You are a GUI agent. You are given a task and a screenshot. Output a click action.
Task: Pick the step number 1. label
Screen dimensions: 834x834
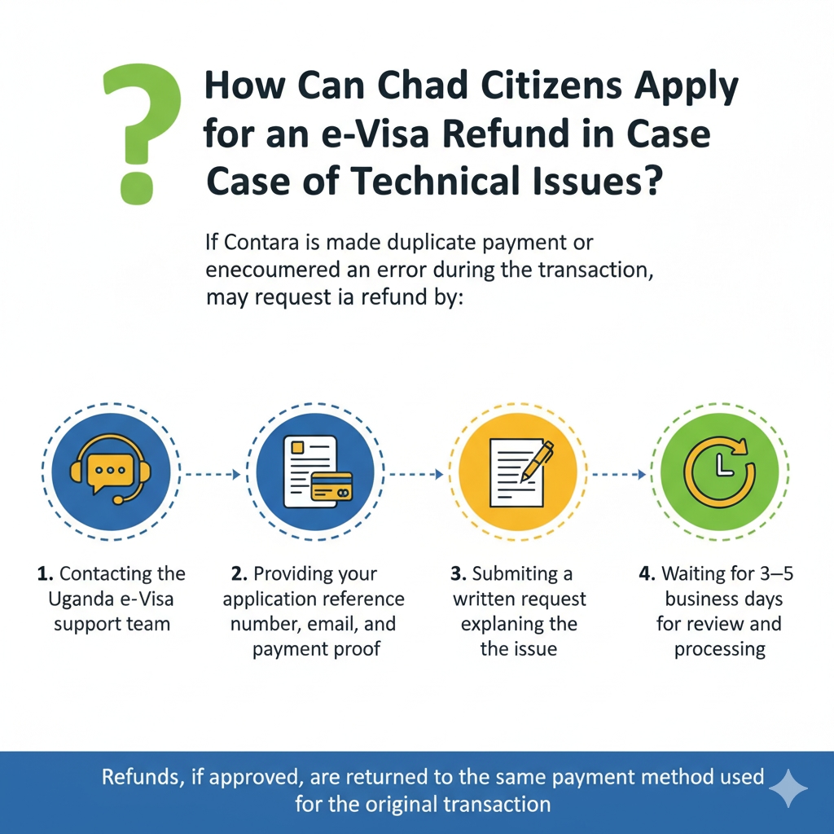46,574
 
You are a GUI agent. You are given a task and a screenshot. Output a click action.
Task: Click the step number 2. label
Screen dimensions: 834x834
239,574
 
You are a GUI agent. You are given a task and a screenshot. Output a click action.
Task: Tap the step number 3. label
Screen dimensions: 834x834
459,574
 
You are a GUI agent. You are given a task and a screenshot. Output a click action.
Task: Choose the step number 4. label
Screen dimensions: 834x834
647,574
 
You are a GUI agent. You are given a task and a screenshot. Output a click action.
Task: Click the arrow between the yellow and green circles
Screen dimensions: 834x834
620,473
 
